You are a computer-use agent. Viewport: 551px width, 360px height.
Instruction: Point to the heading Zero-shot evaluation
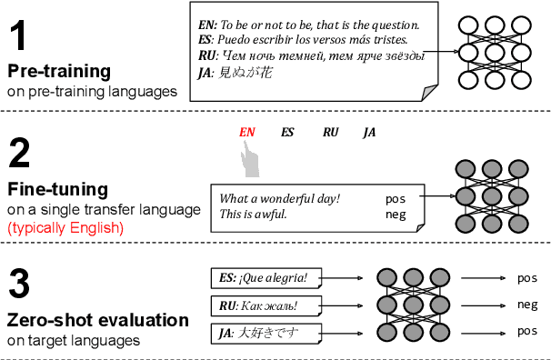click(97, 320)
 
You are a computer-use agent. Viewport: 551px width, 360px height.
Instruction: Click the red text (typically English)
click(65, 228)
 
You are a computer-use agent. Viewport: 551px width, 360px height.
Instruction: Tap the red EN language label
click(246, 132)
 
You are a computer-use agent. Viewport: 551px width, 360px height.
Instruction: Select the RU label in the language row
click(330, 132)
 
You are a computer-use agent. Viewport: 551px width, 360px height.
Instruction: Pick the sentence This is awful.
click(254, 215)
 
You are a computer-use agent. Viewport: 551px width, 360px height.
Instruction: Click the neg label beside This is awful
click(395, 215)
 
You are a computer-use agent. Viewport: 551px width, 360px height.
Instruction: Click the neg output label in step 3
click(527, 305)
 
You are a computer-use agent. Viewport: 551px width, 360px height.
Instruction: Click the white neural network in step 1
click(492, 52)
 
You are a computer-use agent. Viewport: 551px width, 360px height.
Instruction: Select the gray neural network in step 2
click(492, 195)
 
